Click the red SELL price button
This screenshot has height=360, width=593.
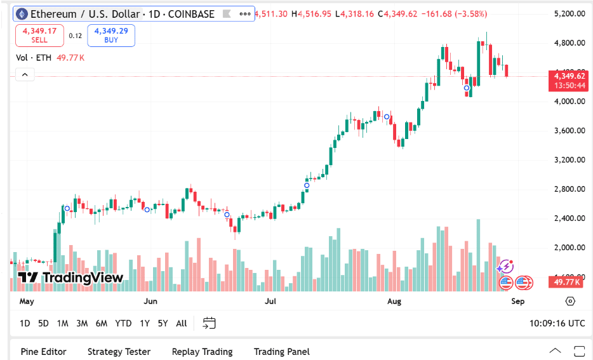[x=39, y=35]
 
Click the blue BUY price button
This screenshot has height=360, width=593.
[x=111, y=35]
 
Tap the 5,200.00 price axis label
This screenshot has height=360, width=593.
[x=569, y=13]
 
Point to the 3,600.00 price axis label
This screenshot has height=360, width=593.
[x=569, y=131]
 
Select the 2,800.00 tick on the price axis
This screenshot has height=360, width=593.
[x=569, y=189]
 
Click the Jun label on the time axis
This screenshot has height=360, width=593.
[x=150, y=302]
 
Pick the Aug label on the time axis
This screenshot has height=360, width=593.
[x=394, y=302]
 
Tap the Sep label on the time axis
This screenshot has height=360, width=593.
[x=517, y=302]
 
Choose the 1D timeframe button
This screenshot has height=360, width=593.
[x=25, y=323]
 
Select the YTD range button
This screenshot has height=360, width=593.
[x=123, y=323]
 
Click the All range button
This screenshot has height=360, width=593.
[x=182, y=323]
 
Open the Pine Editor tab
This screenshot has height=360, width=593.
[x=43, y=352]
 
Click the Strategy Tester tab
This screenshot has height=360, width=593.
[x=119, y=352]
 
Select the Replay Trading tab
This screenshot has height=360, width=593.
[x=202, y=352]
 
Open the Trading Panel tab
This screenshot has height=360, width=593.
[x=281, y=352]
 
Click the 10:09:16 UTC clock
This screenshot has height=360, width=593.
[x=557, y=323]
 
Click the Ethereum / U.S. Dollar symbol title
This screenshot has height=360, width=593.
[x=121, y=14]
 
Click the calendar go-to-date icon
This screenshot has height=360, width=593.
[x=210, y=323]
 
